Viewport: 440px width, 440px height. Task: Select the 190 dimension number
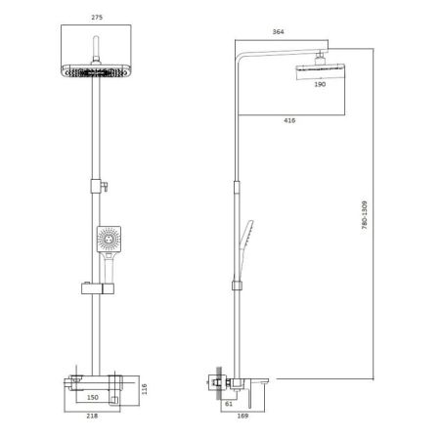tap(319, 85)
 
